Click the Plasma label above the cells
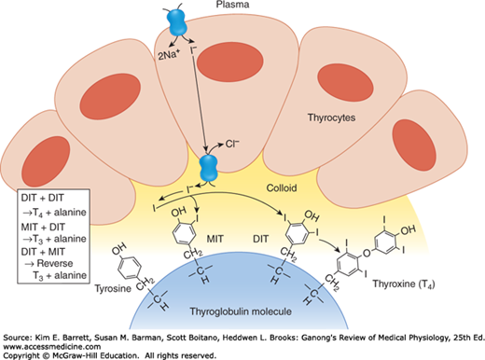click(x=232, y=5)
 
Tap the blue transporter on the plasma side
click(x=177, y=22)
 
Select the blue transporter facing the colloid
click(x=208, y=168)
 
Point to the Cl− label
click(x=232, y=144)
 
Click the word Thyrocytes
click(x=331, y=118)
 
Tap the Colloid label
click(x=282, y=187)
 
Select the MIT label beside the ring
click(x=215, y=239)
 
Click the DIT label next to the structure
click(x=260, y=239)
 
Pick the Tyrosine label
click(x=113, y=288)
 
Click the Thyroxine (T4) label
click(x=404, y=284)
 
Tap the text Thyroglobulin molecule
click(x=241, y=312)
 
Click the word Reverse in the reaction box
click(x=55, y=263)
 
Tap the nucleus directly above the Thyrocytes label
click(x=345, y=83)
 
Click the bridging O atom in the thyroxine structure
click(x=367, y=253)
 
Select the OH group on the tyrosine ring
click(x=119, y=248)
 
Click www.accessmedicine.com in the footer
click(x=52, y=347)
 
